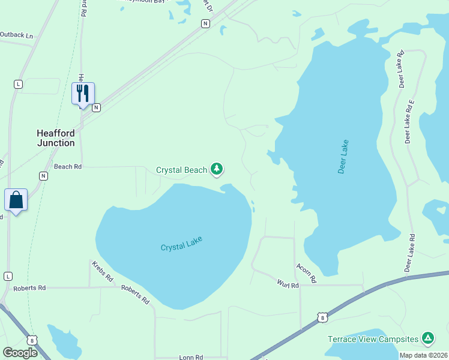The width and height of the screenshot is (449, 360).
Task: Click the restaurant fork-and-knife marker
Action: (83, 94)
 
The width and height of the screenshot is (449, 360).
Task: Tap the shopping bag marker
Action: (16, 199)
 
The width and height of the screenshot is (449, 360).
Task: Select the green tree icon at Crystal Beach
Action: (217, 170)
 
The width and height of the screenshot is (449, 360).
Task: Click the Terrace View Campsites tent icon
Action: (428, 338)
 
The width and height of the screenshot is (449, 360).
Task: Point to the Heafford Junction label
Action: (56, 138)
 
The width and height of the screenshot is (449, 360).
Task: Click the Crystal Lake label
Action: (181, 244)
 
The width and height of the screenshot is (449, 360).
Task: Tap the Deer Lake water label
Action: (343, 157)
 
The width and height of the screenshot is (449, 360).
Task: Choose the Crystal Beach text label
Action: (181, 170)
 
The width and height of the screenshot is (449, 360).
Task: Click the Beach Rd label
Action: (67, 167)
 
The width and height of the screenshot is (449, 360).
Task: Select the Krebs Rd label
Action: (103, 271)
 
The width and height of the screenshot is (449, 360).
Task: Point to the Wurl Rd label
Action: (288, 284)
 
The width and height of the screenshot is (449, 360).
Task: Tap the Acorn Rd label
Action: (306, 273)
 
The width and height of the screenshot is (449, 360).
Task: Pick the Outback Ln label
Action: (16, 35)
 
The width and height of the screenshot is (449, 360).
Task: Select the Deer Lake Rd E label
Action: (409, 122)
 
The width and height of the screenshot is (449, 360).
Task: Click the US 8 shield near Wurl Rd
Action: (322, 317)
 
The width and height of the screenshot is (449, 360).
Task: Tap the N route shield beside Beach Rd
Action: (43, 176)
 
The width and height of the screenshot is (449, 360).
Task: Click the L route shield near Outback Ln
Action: (18, 85)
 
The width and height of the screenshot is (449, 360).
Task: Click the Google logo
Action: (20, 352)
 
